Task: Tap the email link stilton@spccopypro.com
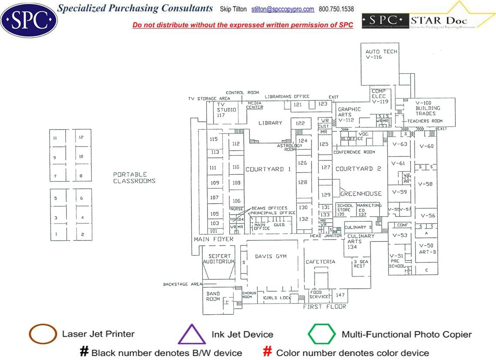click(283, 9)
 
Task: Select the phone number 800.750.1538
click(336, 9)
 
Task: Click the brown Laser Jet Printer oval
click(43, 334)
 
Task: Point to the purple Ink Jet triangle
click(191, 335)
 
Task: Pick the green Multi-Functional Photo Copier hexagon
click(322, 334)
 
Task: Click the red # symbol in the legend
click(268, 352)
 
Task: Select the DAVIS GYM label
click(271, 257)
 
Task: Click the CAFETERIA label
click(320, 262)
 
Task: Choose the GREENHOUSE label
click(361, 194)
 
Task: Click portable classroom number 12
click(81, 137)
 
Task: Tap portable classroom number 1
click(56, 234)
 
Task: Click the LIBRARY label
click(270, 123)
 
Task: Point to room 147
click(340, 295)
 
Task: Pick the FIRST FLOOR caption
click(325, 307)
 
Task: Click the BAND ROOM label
click(213, 296)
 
